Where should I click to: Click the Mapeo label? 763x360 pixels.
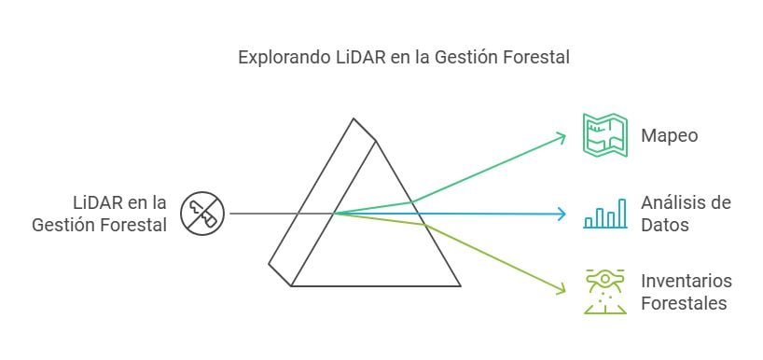pos(669,135)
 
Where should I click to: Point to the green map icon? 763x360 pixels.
pos(605,134)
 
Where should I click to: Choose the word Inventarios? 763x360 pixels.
pos(687,281)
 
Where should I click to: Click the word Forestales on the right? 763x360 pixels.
pos(684,303)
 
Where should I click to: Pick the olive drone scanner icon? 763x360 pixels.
pos(605,291)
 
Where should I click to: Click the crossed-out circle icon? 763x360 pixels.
pos(202,213)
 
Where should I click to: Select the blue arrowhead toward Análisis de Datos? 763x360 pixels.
pos(562,214)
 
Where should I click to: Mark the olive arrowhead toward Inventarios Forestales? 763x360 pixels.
pos(562,290)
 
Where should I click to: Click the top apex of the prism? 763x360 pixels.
pos(354,118)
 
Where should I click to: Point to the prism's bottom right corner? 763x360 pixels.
pos(461,285)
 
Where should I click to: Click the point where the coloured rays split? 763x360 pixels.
pos(334,214)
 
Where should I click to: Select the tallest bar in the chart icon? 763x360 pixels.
pos(622,213)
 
